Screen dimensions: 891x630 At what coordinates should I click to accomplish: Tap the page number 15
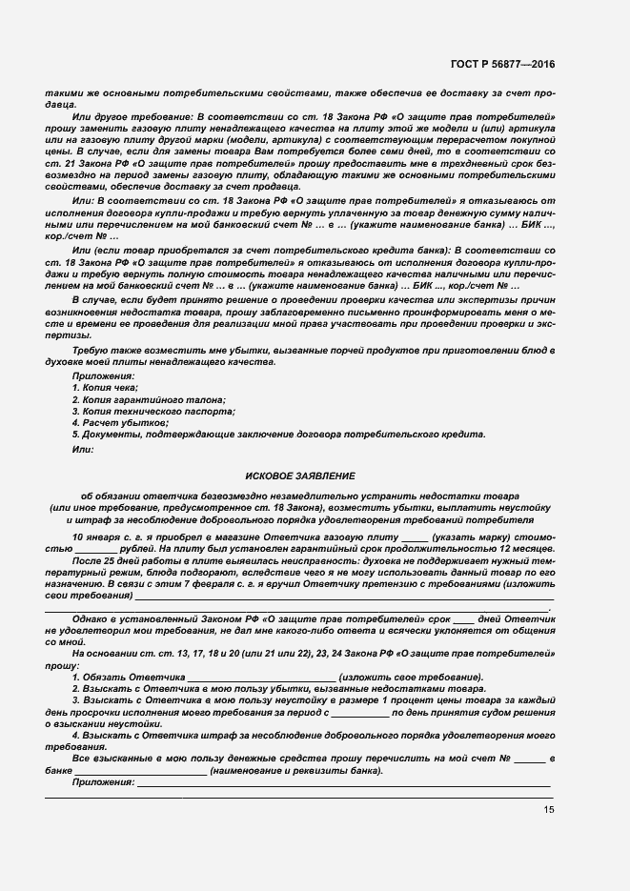tap(548, 809)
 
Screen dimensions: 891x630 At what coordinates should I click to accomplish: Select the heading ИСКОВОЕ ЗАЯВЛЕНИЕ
tap(300, 474)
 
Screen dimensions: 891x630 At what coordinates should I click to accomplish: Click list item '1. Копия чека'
tap(105, 388)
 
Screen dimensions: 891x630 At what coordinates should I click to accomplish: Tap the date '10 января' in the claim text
tap(93, 537)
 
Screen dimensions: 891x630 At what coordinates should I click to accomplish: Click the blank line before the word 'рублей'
tap(94, 550)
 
